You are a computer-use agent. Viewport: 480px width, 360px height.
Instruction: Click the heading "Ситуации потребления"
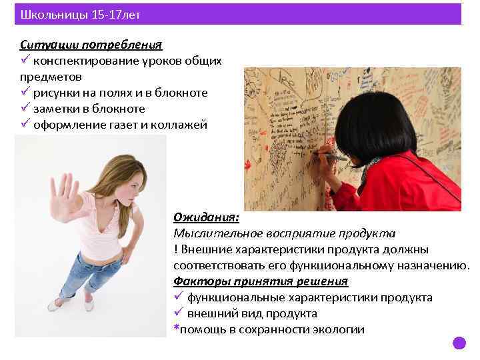point(91,45)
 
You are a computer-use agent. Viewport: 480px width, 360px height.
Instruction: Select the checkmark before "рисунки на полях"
point(25,92)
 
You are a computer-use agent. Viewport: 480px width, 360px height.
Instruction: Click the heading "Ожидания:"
point(207,217)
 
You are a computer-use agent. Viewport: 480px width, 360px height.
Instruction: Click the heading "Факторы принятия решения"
point(261,281)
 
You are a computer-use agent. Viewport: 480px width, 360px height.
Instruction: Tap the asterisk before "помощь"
point(176,328)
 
